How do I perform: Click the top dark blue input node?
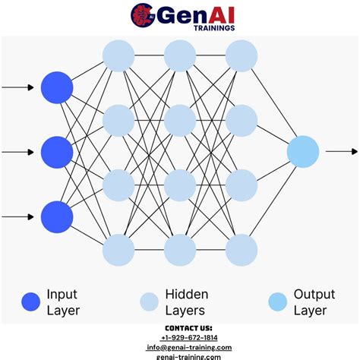point(57,87)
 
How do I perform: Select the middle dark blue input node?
point(57,152)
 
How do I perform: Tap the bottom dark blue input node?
point(57,217)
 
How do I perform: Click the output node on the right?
point(303,151)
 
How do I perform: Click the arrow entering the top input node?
point(18,87)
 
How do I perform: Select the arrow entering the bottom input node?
point(18,217)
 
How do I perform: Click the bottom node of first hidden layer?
point(118,249)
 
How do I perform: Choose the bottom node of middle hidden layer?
point(180,249)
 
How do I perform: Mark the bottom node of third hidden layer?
point(242,249)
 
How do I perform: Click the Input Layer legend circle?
point(31,302)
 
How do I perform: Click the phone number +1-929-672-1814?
point(189,337)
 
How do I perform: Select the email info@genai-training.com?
point(189,347)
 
